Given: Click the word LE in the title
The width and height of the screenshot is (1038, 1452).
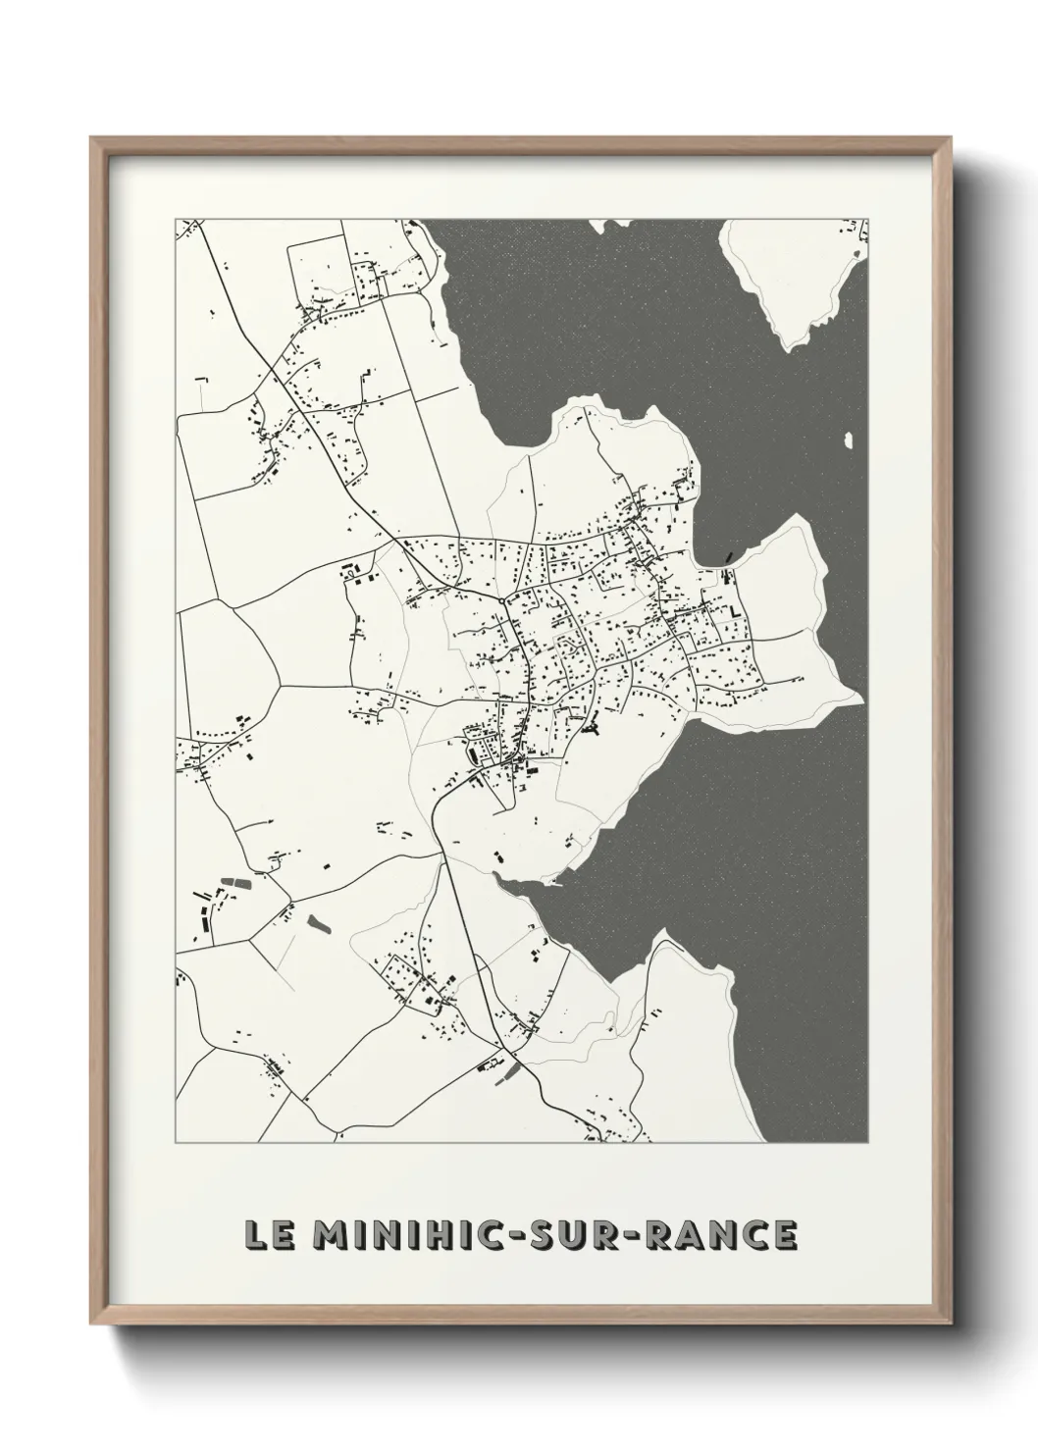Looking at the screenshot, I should [266, 1235].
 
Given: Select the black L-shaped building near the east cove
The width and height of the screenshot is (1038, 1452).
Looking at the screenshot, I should [734, 611].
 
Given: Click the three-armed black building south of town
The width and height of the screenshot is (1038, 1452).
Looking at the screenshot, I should [591, 728].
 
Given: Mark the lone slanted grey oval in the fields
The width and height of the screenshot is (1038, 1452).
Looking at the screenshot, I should [317, 922].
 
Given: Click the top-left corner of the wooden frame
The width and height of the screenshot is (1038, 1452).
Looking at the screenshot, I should [93, 139].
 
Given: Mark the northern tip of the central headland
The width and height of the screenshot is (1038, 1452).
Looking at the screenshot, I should [587, 400].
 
